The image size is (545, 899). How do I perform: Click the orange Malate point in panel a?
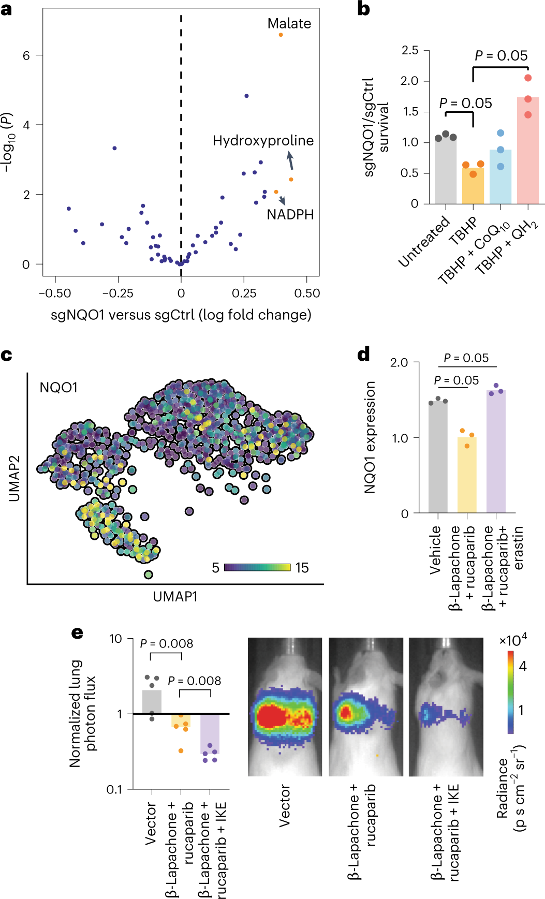tap(281, 35)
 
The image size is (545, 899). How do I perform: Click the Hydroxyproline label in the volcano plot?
tap(263, 141)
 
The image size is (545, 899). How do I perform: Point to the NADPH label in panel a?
tap(290, 214)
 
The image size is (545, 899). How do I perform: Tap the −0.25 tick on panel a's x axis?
tap(117, 293)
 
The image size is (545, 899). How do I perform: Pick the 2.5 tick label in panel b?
tap(409, 50)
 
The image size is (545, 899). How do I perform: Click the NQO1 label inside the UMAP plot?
tap(58, 388)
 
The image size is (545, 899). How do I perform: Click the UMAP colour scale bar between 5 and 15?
tap(257, 568)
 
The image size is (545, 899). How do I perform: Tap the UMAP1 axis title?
tap(175, 597)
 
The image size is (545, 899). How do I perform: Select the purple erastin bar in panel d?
tap(496, 451)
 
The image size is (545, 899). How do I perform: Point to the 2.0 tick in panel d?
tap(399, 362)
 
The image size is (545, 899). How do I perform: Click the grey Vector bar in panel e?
tap(152, 702)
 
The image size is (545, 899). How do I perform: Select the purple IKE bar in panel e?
tap(210, 734)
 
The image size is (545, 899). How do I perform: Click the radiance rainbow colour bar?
tap(510, 691)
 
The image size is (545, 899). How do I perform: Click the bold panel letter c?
tap(6, 356)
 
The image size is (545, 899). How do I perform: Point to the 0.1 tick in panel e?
tap(114, 789)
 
